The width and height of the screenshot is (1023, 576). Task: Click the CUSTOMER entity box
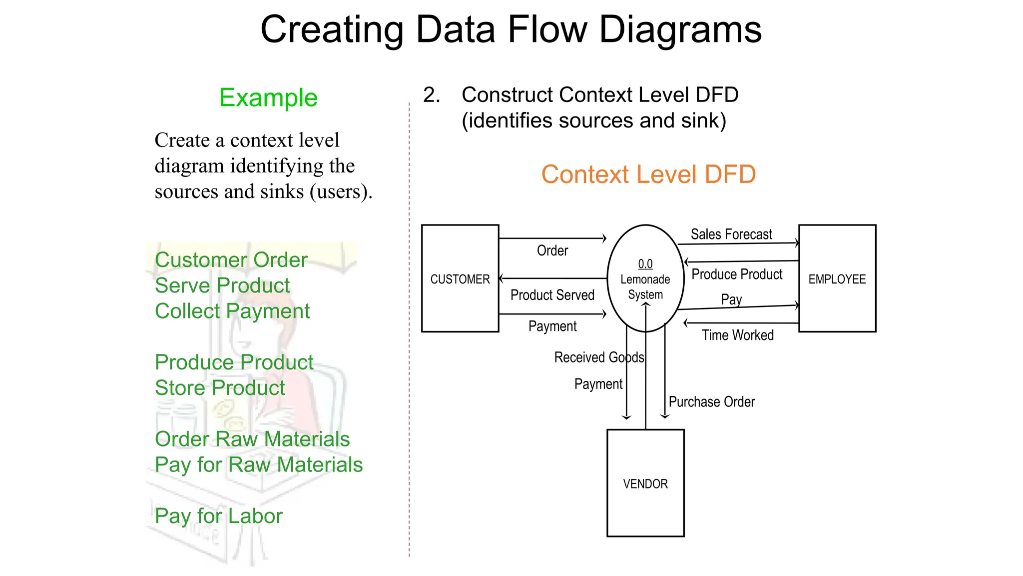(x=460, y=278)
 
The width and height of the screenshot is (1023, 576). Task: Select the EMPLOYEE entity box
(x=837, y=278)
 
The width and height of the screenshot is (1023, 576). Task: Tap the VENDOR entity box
(x=645, y=483)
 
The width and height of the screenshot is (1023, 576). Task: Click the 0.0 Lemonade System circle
(x=645, y=278)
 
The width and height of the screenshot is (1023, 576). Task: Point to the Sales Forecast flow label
(x=731, y=234)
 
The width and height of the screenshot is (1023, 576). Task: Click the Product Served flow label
(x=552, y=295)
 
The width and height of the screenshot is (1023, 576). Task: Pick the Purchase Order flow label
(x=711, y=401)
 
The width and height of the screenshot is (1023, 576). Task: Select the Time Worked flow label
(x=737, y=335)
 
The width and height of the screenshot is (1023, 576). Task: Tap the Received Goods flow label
(x=598, y=357)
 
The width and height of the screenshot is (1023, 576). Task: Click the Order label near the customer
(x=552, y=250)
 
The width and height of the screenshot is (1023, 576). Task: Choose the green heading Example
(x=268, y=97)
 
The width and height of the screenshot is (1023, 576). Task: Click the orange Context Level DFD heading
(x=648, y=174)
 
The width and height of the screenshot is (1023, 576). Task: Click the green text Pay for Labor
(x=218, y=515)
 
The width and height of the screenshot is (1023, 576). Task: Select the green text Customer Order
(x=231, y=260)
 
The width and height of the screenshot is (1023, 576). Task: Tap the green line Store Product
(x=220, y=388)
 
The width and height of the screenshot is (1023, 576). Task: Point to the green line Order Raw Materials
(x=252, y=439)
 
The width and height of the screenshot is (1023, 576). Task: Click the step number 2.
(x=431, y=95)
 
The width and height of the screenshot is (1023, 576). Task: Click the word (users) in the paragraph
(x=341, y=192)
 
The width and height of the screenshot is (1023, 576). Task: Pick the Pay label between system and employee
(x=731, y=299)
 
